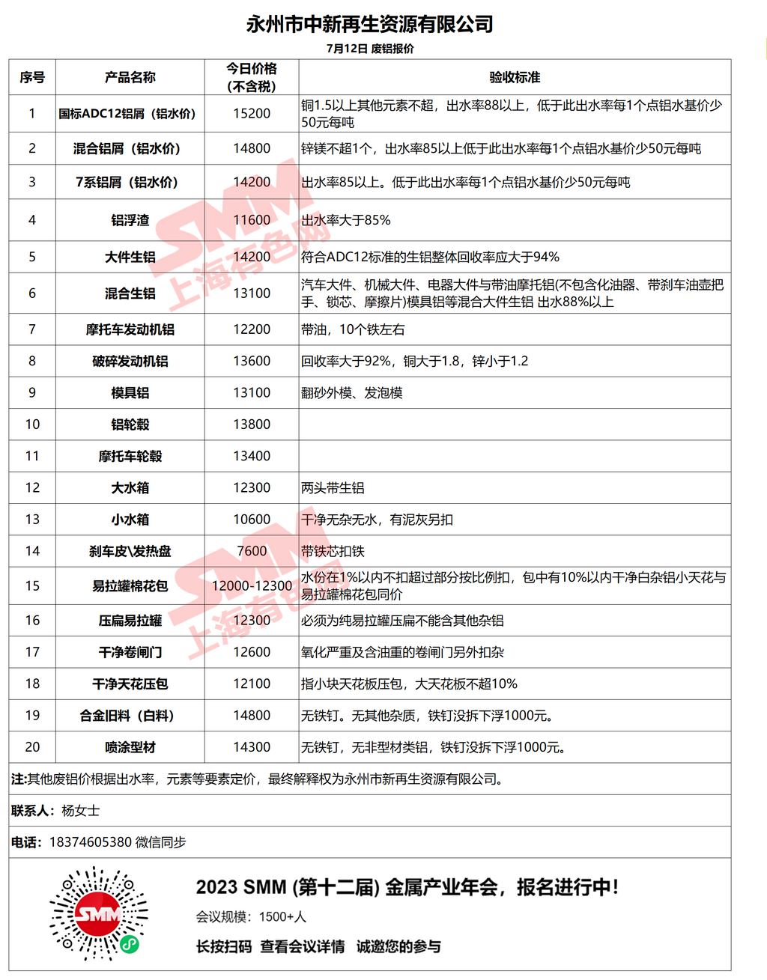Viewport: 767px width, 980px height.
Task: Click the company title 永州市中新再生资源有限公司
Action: coord(369,25)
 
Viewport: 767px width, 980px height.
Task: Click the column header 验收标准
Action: coord(515,77)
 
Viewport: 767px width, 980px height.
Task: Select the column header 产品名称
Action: coord(130,77)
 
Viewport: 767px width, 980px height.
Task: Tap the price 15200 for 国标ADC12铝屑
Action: coord(252,114)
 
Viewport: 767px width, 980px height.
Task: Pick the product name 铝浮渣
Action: coord(130,220)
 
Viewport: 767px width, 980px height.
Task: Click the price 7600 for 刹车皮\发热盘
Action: coord(252,551)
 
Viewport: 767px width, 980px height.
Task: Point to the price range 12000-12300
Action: coord(252,585)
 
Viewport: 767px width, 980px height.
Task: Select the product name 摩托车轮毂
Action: coord(130,456)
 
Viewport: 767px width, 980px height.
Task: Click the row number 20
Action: coord(32,747)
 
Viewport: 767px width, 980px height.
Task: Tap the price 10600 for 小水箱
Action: coord(252,520)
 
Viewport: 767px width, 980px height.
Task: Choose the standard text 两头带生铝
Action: coord(333,488)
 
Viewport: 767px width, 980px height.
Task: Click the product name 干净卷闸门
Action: coord(130,652)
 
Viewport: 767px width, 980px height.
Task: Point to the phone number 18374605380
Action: coord(91,842)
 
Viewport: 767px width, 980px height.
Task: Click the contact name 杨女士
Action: coord(80,811)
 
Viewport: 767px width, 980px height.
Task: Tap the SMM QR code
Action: coord(99,913)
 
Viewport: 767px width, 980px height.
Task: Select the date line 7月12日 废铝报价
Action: coord(370,49)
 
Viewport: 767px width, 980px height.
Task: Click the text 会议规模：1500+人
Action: coord(251,917)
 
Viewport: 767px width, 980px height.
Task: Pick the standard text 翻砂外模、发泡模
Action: coord(352,393)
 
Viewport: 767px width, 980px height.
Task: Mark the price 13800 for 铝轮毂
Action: coord(252,424)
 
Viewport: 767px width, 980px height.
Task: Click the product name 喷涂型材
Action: coord(130,747)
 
